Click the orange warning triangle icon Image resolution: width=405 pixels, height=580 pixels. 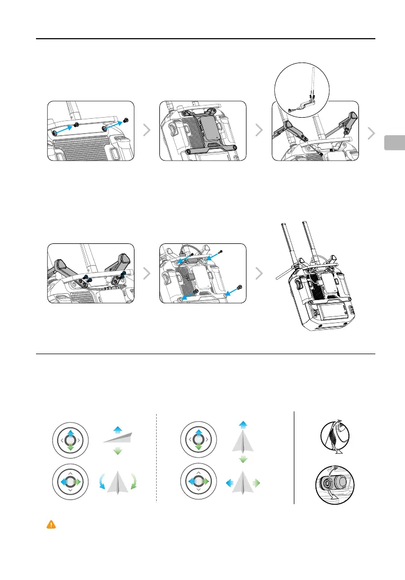[51, 524]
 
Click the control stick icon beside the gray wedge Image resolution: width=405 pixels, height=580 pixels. [70, 440]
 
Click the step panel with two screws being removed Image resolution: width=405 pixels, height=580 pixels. [91, 130]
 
